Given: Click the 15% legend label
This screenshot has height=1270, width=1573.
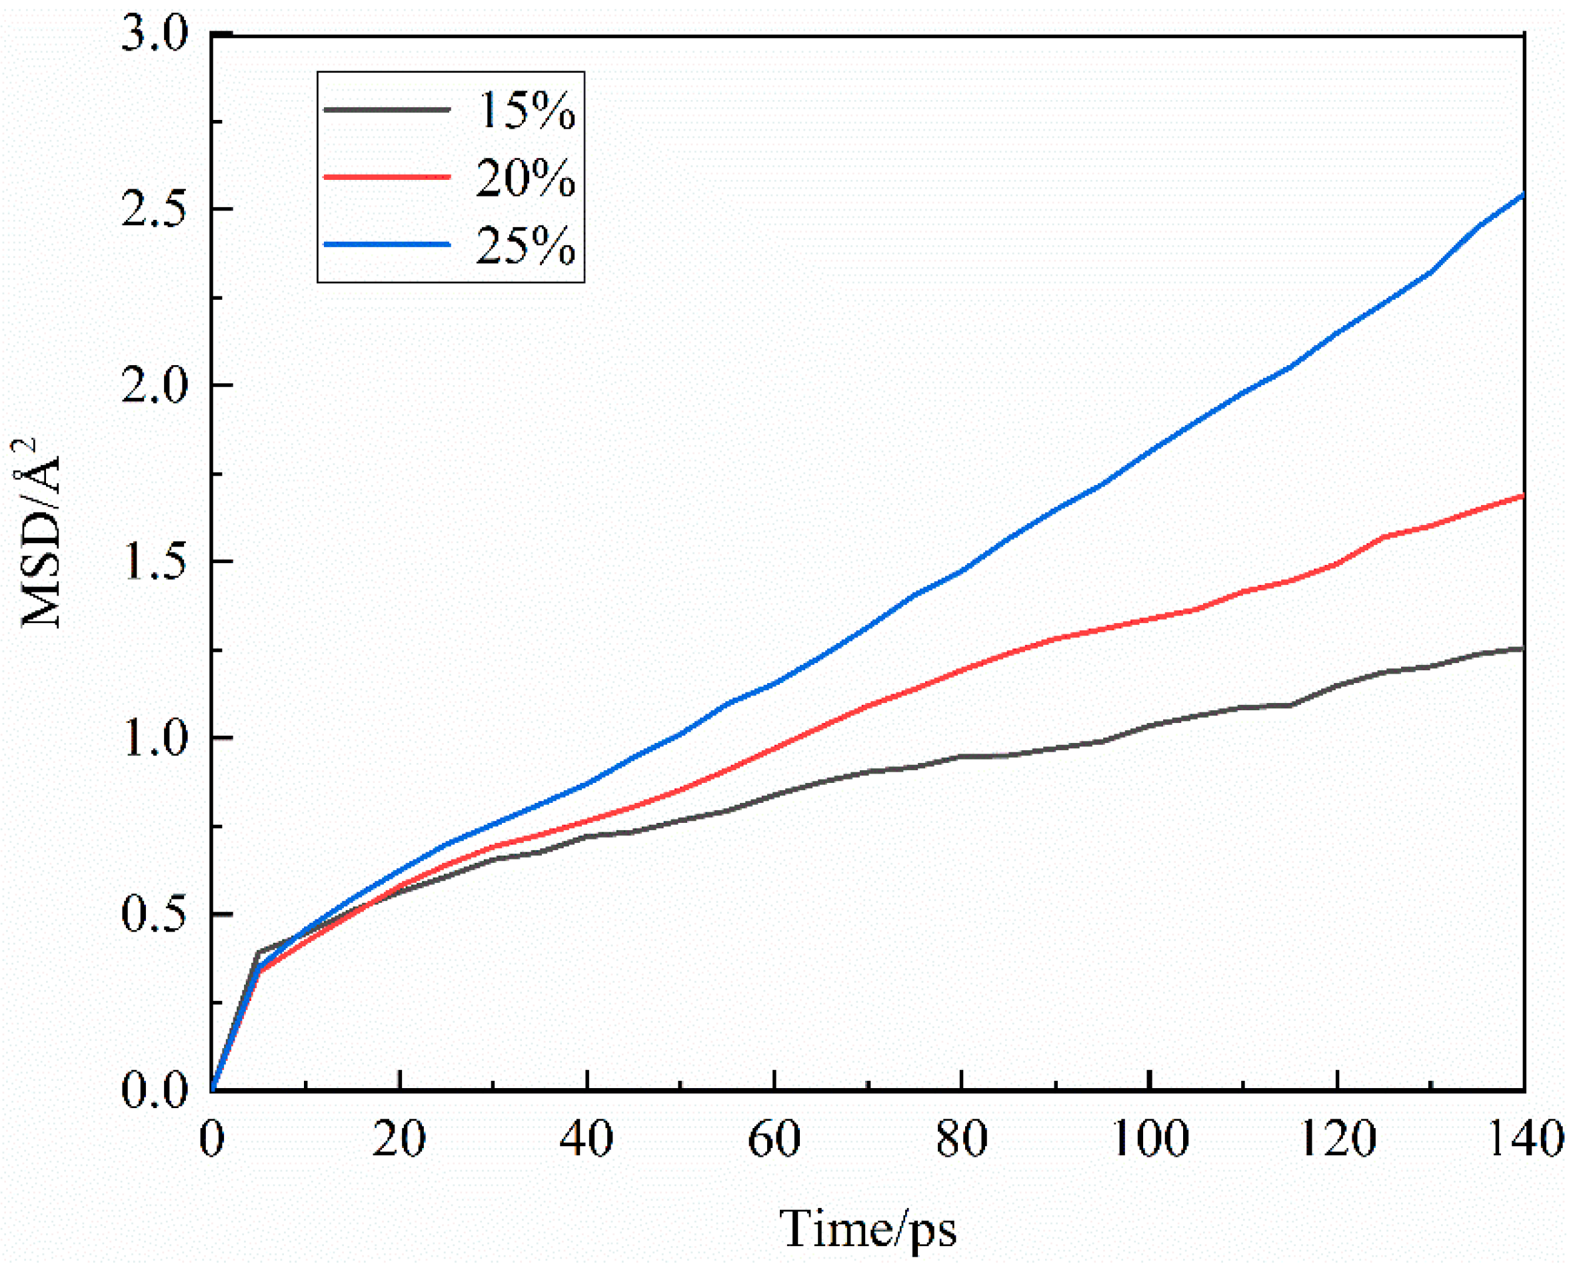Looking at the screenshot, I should pos(525,111).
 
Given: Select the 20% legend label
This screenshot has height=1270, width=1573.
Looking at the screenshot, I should pos(525,178).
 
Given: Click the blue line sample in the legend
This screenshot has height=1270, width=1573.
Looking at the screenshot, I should pos(387,245).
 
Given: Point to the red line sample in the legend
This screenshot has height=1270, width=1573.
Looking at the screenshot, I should pos(387,177).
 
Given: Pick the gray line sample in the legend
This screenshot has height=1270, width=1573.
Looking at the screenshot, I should pos(387,110).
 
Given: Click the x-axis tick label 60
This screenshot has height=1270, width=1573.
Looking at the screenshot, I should pos(774,1139).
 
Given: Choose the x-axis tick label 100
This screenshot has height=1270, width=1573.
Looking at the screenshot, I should pos(1149,1139).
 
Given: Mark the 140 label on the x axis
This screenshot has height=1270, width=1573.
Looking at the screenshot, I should pos(1526,1139).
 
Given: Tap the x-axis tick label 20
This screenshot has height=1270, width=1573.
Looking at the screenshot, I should pos(399,1139).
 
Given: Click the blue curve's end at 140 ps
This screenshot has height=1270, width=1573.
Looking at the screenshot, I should pos(1522,195).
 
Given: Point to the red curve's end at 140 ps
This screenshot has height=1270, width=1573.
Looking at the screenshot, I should pos(1522,496).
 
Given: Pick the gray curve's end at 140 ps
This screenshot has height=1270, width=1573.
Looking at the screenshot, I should pos(1522,648).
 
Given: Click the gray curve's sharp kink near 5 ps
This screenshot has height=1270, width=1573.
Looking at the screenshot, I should pos(258,953).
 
